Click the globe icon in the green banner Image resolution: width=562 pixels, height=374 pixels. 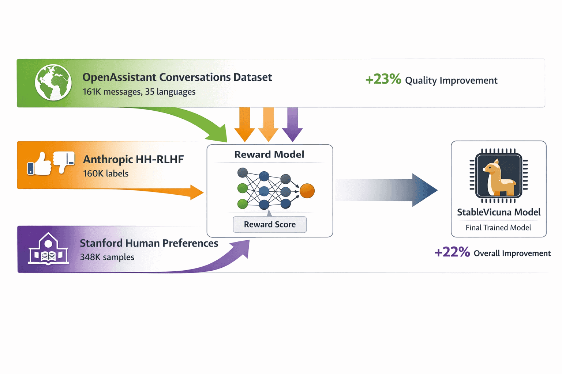tap(53, 83)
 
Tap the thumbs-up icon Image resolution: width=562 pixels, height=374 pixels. tap(40, 164)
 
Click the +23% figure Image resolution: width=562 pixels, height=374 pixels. tap(383, 79)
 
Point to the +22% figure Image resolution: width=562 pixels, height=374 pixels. tap(452, 252)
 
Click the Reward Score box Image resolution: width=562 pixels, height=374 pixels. tap(270, 224)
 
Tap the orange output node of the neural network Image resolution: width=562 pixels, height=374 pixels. tap(307, 191)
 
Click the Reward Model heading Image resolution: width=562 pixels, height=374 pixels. tap(269, 154)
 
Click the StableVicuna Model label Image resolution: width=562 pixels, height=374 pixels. tap(498, 212)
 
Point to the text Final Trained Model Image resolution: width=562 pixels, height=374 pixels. tap(498, 228)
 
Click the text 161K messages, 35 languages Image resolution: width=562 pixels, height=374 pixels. tap(139, 92)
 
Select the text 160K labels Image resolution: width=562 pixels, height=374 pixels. tap(106, 173)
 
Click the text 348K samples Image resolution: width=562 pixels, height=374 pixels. tap(107, 257)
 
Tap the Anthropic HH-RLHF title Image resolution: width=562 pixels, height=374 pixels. tap(133, 159)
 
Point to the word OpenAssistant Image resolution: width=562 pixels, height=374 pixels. tap(119, 77)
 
